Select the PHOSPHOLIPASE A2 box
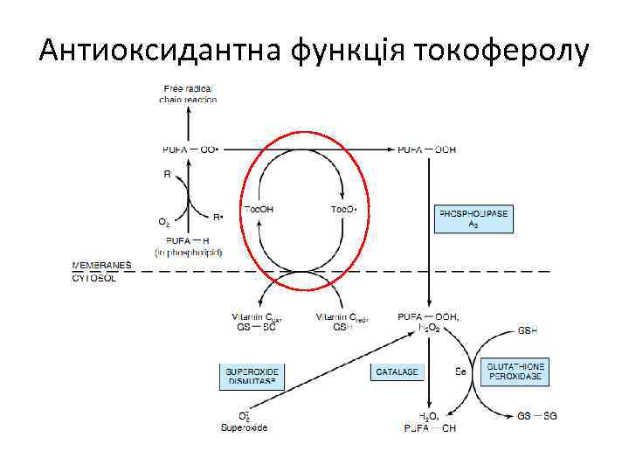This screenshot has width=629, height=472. [473, 218]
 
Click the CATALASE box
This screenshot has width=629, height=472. [398, 371]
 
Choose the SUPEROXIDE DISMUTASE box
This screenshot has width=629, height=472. [252, 377]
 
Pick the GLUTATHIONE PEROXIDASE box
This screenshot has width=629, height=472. [516, 371]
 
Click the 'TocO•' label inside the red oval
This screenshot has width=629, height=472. [343, 209]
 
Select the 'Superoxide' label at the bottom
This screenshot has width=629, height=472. [245, 427]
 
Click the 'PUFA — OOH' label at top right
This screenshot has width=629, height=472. [426, 149]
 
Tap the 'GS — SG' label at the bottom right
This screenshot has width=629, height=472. [537, 416]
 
